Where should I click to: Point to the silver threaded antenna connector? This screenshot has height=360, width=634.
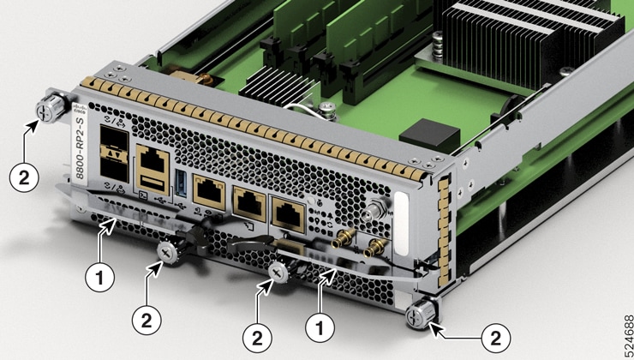point(375,207)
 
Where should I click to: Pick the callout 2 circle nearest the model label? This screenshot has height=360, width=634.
point(25,178)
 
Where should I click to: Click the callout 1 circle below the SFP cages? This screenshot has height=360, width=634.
point(101,276)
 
